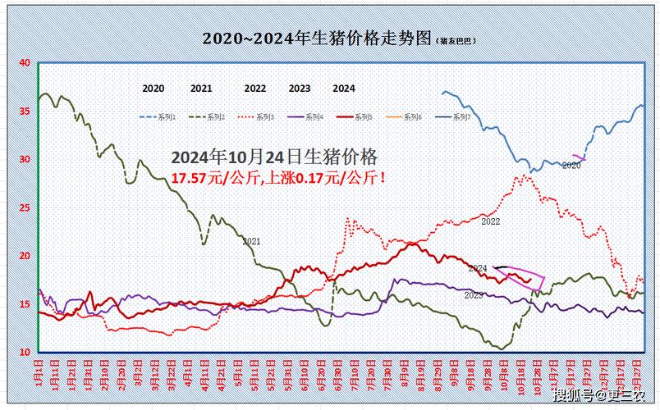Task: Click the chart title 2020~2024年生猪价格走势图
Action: click(317, 39)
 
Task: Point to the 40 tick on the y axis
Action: click(24, 62)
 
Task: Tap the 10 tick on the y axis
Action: click(24, 352)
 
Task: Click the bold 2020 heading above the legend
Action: click(153, 89)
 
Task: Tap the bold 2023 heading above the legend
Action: click(300, 89)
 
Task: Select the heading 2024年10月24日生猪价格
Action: click(274, 156)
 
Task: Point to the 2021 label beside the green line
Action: click(251, 241)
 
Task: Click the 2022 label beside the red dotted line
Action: click(491, 221)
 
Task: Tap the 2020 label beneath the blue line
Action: click(571, 166)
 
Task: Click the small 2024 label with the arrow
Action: click(478, 268)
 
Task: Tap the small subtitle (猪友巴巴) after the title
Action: click(456, 41)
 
